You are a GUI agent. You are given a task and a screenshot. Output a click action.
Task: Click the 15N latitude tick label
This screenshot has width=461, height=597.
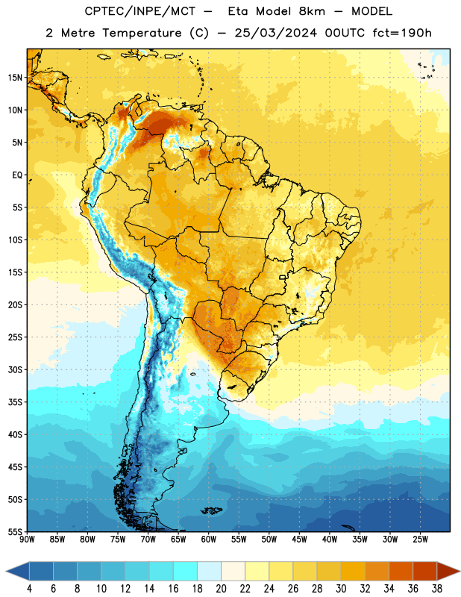[x=15, y=78]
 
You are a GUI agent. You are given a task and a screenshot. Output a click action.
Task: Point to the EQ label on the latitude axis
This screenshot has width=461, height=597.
[x=17, y=175]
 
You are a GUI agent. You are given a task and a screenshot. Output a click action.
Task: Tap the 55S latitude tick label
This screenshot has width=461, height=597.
[x=15, y=531]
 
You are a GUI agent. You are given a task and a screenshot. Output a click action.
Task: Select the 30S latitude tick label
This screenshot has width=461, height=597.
[x=15, y=369]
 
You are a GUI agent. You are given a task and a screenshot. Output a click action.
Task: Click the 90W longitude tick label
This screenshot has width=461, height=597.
[x=27, y=540]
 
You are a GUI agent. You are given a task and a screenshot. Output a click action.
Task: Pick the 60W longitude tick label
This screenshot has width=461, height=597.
[x=209, y=540]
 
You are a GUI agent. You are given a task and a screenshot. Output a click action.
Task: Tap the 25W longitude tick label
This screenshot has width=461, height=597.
[x=420, y=540]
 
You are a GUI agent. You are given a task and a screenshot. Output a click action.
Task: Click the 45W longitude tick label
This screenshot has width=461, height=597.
[x=300, y=540]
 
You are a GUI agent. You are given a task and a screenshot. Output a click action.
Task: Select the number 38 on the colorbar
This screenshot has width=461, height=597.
[x=437, y=589]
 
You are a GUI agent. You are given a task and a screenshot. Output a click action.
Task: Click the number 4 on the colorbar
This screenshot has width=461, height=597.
[x=29, y=589]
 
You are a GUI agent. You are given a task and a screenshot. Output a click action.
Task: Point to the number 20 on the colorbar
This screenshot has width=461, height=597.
[x=221, y=589]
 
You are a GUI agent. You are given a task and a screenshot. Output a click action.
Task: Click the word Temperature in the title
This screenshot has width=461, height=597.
[x=142, y=33]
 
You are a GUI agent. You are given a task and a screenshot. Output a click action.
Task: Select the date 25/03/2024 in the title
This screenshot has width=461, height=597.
[x=275, y=33]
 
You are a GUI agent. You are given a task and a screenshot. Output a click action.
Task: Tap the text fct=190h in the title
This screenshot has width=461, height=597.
[x=402, y=33]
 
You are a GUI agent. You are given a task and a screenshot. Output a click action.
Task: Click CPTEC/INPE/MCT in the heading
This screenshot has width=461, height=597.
[x=139, y=11]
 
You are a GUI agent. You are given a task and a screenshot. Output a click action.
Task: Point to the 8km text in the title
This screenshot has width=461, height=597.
[x=312, y=11]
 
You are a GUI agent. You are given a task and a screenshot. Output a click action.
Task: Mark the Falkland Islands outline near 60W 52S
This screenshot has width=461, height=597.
[x=211, y=510]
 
